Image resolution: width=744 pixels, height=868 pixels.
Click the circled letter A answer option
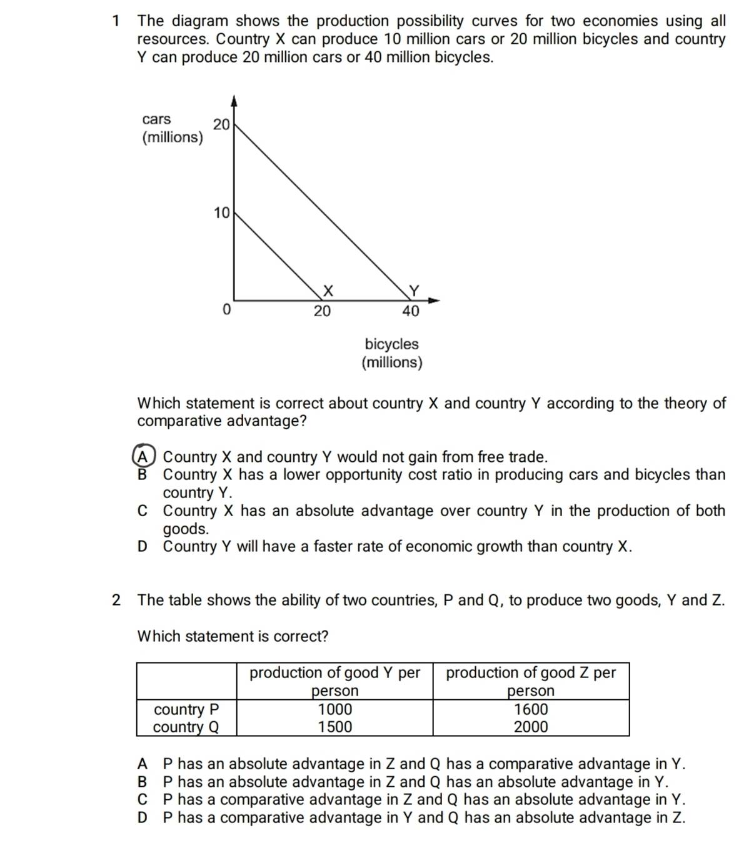pos(143,456)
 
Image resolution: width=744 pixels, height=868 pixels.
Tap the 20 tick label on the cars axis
pos(221,124)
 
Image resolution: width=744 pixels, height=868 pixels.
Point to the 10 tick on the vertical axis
pos(221,213)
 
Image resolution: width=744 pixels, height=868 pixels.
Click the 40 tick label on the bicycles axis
pos(411,311)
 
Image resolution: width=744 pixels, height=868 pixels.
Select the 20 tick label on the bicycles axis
pos(322,311)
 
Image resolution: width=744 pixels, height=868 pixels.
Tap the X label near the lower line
pos(328,291)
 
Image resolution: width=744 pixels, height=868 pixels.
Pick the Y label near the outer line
pos(413,291)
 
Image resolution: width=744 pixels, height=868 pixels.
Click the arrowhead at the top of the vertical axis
pos(234,100)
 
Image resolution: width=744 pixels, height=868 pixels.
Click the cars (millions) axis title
pos(172,128)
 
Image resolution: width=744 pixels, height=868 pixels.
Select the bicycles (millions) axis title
pos(392,353)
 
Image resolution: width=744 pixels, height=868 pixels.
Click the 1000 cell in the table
pos(334,709)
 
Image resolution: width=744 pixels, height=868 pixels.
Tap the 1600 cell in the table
pos(530,709)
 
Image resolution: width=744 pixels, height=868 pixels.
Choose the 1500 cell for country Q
pos(334,727)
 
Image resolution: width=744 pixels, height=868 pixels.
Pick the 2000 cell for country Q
pos(530,727)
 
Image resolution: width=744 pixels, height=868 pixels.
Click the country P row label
pos(186,709)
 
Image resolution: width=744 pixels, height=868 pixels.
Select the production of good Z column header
pos(530,681)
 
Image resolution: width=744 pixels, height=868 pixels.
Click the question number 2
pos(116,600)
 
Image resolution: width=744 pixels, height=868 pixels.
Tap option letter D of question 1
pos(143,547)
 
